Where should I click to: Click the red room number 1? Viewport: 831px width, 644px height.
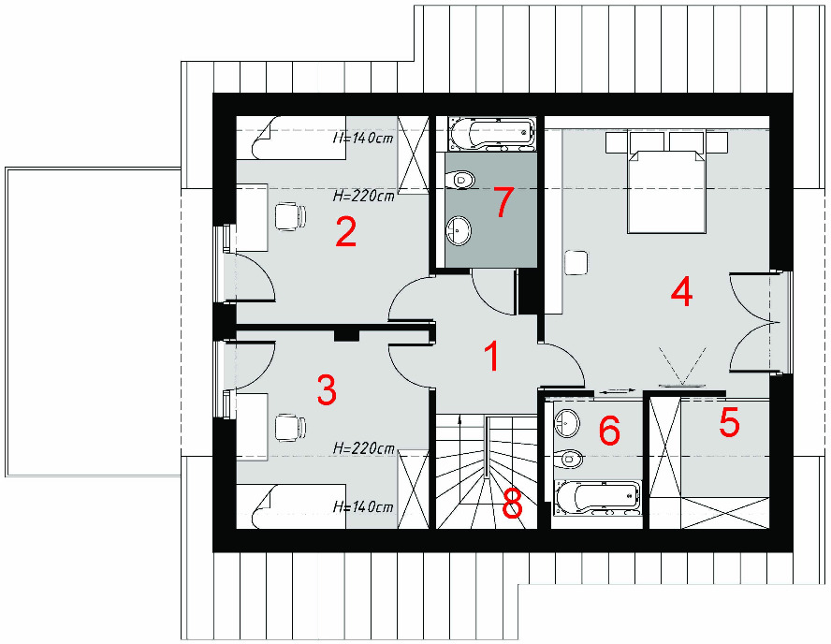(493, 357)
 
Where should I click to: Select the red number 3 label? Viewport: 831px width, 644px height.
(327, 389)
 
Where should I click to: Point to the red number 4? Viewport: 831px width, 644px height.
(681, 292)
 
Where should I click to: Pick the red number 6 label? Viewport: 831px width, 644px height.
(609, 430)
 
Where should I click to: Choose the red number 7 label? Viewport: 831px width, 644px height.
(503, 202)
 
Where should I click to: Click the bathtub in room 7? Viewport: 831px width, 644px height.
(490, 133)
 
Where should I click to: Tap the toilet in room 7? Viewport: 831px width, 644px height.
(460, 181)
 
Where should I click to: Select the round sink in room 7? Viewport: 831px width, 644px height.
(459, 231)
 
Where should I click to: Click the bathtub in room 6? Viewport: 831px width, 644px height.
(597, 498)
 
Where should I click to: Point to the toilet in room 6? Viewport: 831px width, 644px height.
(569, 459)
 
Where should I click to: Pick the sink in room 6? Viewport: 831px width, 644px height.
(567, 423)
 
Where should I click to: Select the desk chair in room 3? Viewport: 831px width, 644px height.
(290, 427)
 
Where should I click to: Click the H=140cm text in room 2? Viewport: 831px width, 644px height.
(363, 139)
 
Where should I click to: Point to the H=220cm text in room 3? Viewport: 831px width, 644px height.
(363, 448)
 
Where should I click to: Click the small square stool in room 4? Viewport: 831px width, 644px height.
(576, 262)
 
